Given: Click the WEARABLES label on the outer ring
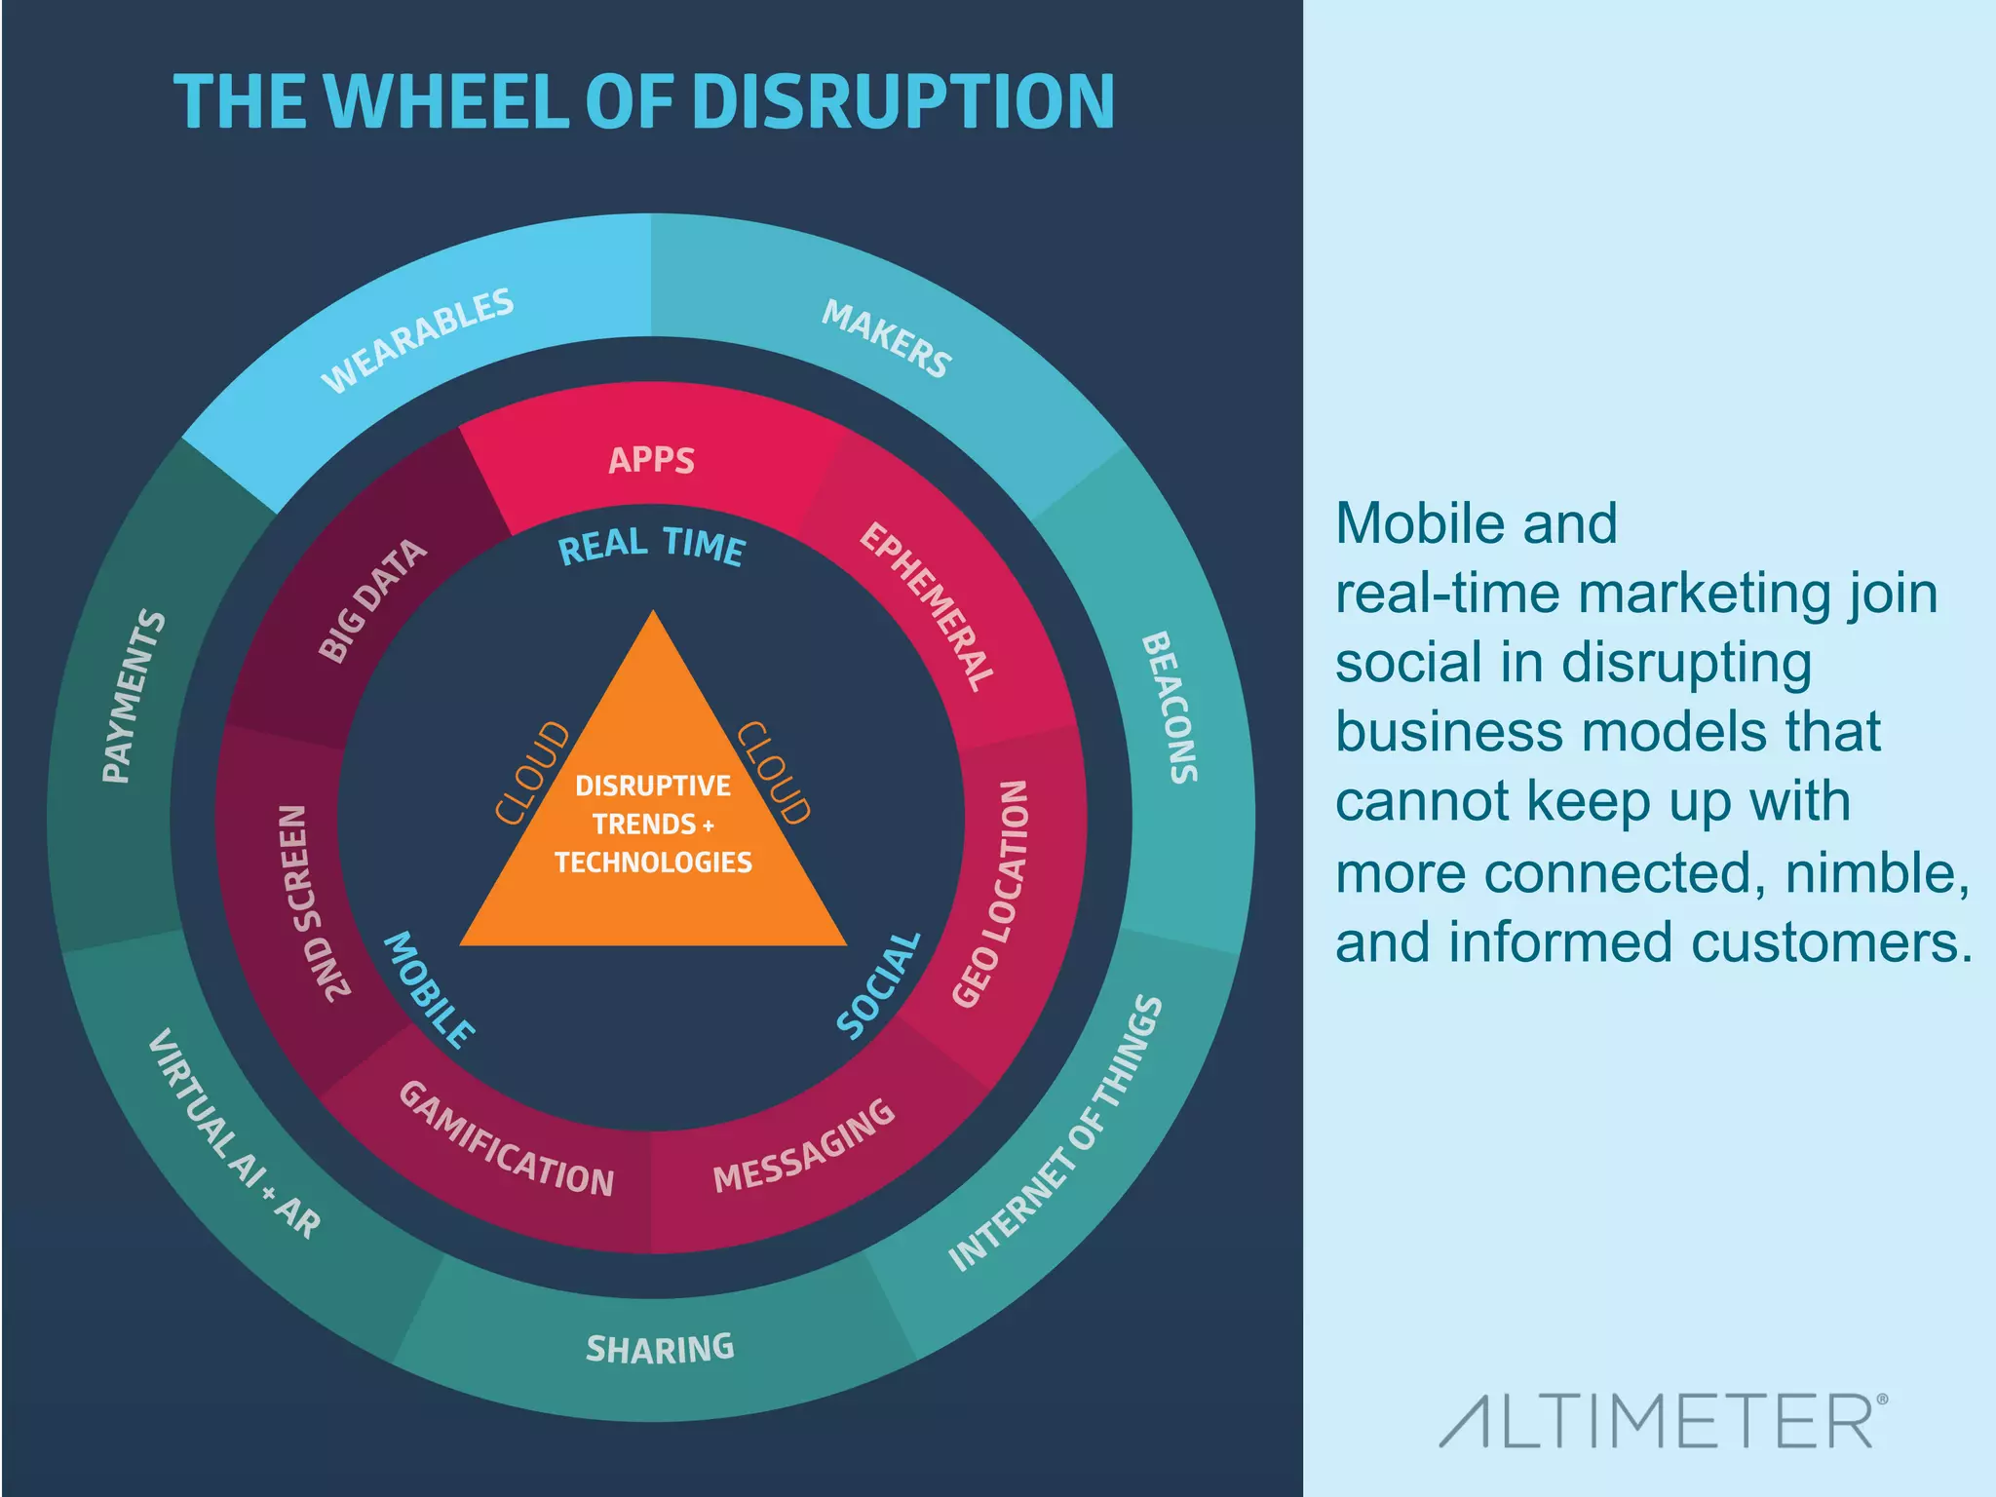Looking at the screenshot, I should (x=417, y=340).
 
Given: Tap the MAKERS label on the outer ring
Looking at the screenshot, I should (x=886, y=338).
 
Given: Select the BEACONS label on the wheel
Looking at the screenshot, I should (x=1169, y=707).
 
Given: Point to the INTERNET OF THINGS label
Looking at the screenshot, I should (x=1056, y=1133).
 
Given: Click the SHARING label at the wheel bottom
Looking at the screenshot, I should (x=660, y=1349).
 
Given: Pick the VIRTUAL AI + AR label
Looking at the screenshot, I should (x=234, y=1133).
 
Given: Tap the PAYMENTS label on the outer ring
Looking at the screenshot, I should (x=134, y=696).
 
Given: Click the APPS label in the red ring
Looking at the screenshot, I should (x=651, y=460).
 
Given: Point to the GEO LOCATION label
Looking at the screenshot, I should (x=990, y=893).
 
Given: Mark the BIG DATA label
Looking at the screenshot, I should (x=372, y=600).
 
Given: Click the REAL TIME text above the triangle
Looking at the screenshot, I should (x=651, y=546).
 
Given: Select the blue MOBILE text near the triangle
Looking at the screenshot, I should (x=430, y=989).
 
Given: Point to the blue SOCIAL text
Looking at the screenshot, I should (x=879, y=984).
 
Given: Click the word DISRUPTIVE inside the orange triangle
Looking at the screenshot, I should (x=653, y=786).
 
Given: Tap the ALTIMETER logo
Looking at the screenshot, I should (x=1663, y=1421).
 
